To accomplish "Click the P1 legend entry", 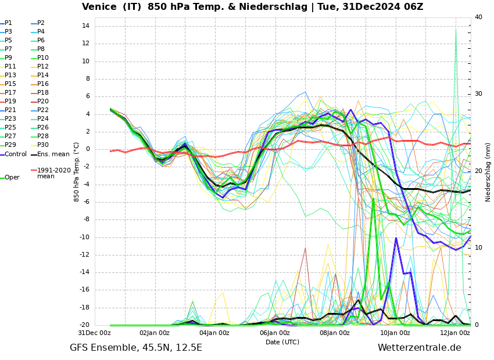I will [8, 23].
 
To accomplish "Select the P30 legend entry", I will [43, 145].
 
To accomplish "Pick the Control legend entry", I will [16, 154].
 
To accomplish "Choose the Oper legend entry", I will [12, 178].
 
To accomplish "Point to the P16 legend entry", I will [43, 84].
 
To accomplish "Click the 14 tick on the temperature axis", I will [85, 26].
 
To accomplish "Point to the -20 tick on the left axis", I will [84, 325].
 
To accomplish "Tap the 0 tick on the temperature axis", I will [87, 149].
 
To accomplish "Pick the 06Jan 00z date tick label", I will [275, 333].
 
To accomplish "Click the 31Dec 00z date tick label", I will [94, 333].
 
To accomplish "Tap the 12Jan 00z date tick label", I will [455, 333].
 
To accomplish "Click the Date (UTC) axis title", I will [282, 343].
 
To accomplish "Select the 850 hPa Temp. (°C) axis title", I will [77, 172].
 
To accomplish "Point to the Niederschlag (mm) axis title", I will [488, 172].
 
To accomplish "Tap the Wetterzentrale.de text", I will [419, 348].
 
